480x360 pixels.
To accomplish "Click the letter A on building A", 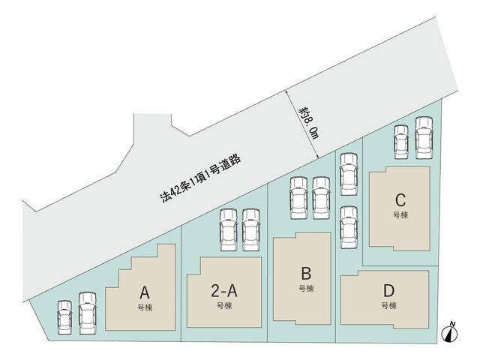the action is tap(145, 292).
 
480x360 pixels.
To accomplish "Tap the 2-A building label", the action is tap(224, 291).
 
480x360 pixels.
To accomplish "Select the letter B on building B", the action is tap(306, 274).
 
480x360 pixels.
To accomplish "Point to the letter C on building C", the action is tap(400, 200).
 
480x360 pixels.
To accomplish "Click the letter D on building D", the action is tap(388, 291).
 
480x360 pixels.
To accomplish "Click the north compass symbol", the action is tap(449, 331).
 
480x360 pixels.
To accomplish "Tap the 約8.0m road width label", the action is tap(309, 123).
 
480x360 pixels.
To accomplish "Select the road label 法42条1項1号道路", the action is tap(200, 178).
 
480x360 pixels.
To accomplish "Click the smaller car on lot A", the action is tap(65, 317).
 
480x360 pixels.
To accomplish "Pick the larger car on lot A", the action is tap(88, 313).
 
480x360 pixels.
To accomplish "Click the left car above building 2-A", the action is tap(228, 230).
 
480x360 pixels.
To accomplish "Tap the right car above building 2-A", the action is tap(251, 230).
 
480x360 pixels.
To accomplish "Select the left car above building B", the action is tap(298, 198).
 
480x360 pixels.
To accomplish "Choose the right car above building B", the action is tap(322, 198).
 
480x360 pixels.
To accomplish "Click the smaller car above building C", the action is tap(401, 142).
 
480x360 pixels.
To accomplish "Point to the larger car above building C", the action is tap(424, 138).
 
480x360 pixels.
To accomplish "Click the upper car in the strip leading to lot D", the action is tap(349, 174).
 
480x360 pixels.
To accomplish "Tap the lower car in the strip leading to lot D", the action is tap(349, 227).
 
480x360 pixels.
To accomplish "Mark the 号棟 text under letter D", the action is tap(389, 305).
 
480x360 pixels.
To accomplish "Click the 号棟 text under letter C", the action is tap(400, 215).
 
